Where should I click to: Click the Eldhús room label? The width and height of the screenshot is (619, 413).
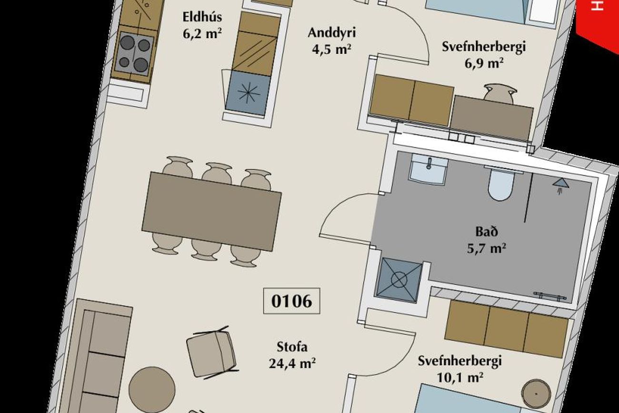pyautogui.click(x=202, y=17)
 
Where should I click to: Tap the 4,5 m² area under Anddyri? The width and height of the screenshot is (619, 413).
pyautogui.click(x=331, y=50)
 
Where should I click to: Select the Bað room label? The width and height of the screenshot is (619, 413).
pyautogui.click(x=487, y=232)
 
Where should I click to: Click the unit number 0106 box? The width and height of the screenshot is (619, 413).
pyautogui.click(x=291, y=301)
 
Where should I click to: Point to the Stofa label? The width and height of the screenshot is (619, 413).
pyautogui.click(x=292, y=347)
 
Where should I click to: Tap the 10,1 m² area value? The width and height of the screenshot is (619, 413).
pyautogui.click(x=459, y=377)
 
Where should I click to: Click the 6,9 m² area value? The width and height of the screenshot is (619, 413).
pyautogui.click(x=484, y=63)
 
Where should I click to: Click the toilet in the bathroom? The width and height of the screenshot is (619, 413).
pyautogui.click(x=501, y=184)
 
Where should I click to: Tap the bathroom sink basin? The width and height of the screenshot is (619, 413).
pyautogui.click(x=429, y=169)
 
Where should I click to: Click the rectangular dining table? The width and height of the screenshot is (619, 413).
pyautogui.click(x=212, y=212)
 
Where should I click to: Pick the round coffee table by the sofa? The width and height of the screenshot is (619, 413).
pyautogui.click(x=152, y=390)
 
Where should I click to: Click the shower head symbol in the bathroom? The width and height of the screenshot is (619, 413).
pyautogui.click(x=561, y=185)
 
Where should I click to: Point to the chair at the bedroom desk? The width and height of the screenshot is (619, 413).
pyautogui.click(x=500, y=93)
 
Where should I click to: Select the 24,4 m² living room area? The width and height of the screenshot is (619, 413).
pyautogui.click(x=292, y=363)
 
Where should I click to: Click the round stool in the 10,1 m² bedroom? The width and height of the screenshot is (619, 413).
pyautogui.click(x=536, y=393)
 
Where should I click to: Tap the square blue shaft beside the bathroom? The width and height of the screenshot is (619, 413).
pyautogui.click(x=399, y=280)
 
